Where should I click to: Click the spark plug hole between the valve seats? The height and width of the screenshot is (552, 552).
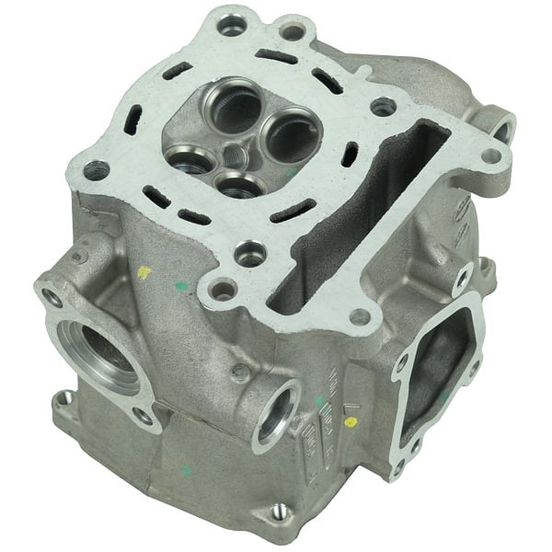pos(236,153)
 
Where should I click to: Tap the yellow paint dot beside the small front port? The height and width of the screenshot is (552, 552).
pos(350,422)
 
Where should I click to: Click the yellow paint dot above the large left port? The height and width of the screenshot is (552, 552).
pos(143,272)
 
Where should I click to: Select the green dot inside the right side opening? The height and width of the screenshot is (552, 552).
pos(444,397)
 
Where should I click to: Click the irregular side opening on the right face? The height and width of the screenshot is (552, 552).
pos(437,363)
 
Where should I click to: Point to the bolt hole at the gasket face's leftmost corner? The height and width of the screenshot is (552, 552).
pos(96,169)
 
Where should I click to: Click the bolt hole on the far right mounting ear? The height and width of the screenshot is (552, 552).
pos(500,127)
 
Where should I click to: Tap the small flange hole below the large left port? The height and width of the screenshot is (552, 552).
pos(64,398)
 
